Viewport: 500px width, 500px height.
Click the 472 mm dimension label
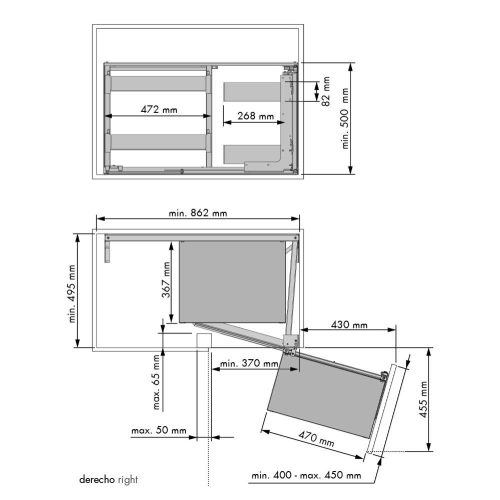pos(159,109)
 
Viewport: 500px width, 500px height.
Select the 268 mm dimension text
pos(255,116)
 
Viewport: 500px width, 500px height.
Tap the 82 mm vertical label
pos(326,91)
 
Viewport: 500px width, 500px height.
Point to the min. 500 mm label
pos(345,119)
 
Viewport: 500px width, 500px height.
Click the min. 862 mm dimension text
pos(198,213)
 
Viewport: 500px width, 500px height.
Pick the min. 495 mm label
pos(73,293)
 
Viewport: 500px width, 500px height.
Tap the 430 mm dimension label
pos(349,324)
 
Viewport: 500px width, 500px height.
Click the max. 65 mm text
pos(158,382)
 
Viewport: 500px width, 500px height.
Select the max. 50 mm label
pos(159,430)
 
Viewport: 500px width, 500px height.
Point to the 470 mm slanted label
pos(316,439)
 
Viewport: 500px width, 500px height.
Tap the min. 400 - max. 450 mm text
pos(306,475)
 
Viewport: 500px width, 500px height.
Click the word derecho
pos(97,480)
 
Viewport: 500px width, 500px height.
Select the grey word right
pos(128,480)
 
